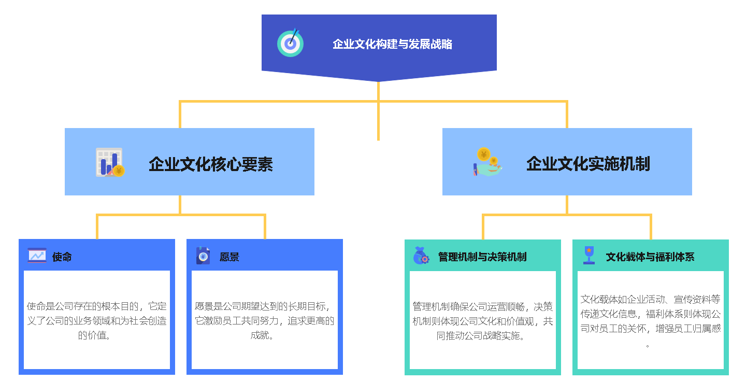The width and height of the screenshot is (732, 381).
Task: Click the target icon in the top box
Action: click(x=290, y=43)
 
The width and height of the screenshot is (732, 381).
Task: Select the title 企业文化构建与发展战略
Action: click(x=392, y=44)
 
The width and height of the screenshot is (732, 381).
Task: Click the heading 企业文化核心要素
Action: click(x=211, y=164)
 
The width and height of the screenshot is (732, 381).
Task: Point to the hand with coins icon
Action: click(x=487, y=162)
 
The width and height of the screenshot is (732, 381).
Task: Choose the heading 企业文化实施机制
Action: click(x=588, y=163)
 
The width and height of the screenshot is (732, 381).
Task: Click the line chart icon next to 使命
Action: click(x=37, y=256)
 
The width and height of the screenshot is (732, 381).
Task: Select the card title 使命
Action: click(x=62, y=257)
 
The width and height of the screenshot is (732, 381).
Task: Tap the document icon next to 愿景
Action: click(x=203, y=256)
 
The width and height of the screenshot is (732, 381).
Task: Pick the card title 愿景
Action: click(x=229, y=257)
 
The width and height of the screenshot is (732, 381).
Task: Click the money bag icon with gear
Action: click(x=421, y=256)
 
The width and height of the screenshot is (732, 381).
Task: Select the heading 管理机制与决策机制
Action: click(x=482, y=257)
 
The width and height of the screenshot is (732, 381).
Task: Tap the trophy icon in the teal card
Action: click(x=589, y=255)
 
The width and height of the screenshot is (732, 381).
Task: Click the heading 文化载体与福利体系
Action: click(x=650, y=257)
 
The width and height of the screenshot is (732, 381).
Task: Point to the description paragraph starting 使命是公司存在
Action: click(x=97, y=320)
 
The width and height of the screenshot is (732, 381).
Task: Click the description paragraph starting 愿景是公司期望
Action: click(x=264, y=320)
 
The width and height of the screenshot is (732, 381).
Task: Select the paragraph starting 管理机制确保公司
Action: click(x=483, y=321)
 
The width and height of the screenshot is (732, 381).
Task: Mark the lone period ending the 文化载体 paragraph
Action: click(x=648, y=346)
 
